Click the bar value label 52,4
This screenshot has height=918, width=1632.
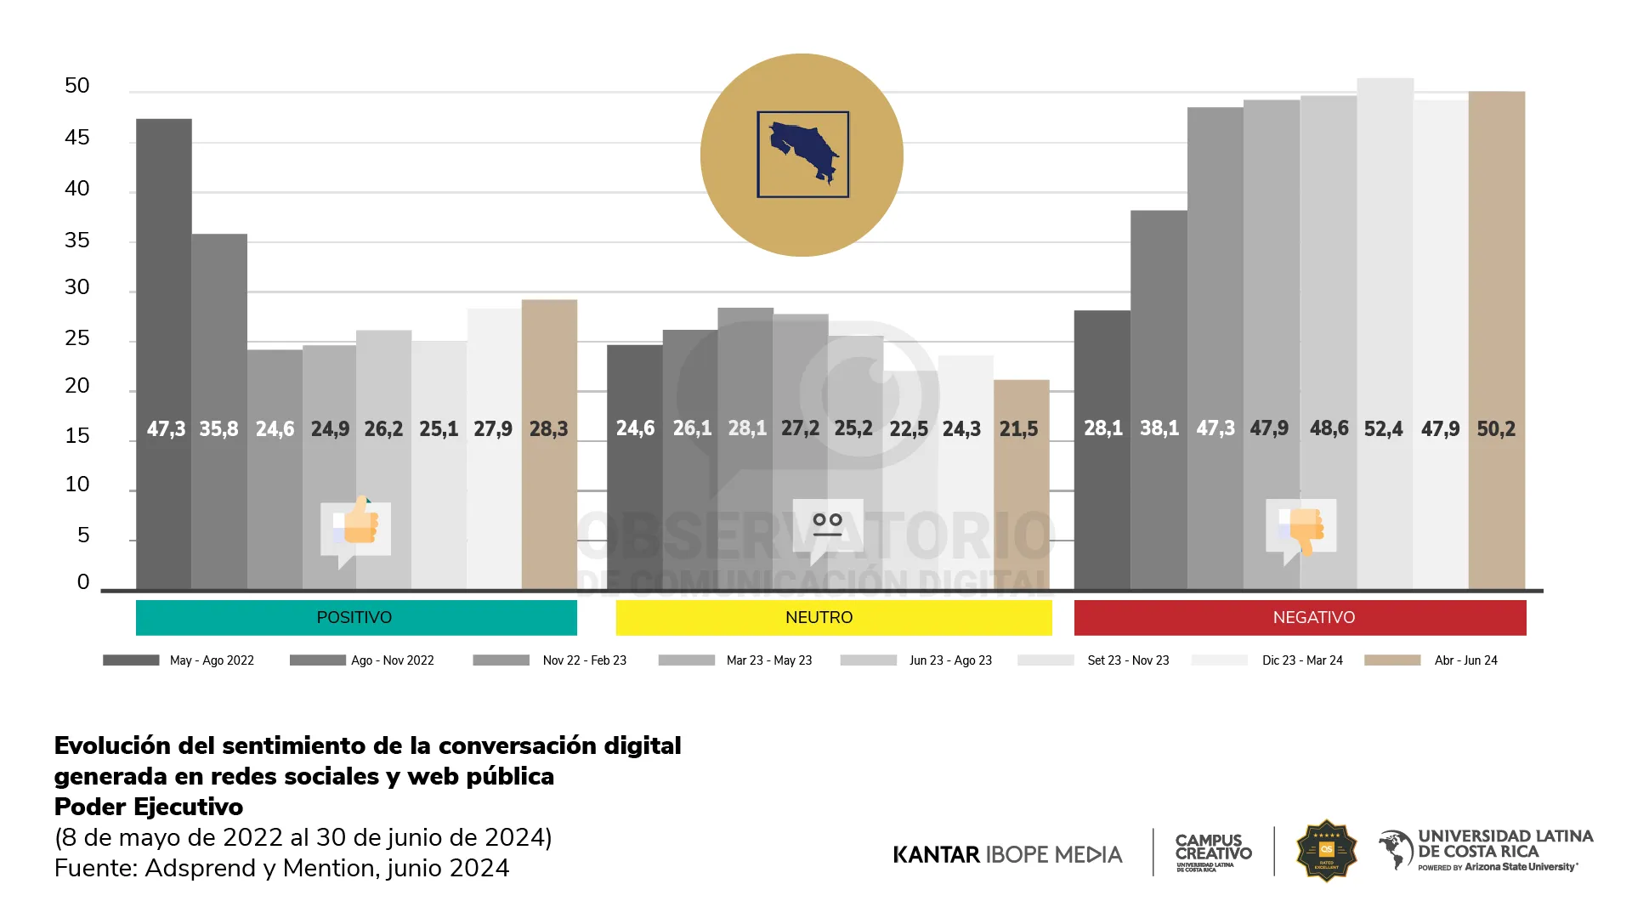1383,429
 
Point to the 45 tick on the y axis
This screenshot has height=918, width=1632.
77,138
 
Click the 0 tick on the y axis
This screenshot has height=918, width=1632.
83,581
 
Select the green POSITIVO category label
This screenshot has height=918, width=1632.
355,618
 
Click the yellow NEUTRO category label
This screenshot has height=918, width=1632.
819,618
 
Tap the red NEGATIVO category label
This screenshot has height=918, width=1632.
1314,618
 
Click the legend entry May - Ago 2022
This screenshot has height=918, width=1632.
212,660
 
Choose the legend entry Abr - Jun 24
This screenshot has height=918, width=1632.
1465,660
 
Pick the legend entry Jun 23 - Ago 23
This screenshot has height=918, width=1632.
950,660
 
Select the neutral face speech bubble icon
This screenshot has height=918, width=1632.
827,525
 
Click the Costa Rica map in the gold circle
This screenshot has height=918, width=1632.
803,154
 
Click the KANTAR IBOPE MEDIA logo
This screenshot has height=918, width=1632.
1007,854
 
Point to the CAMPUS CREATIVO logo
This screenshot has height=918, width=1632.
1213,852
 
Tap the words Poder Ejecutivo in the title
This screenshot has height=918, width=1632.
149,807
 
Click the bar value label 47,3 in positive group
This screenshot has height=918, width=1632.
166,429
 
